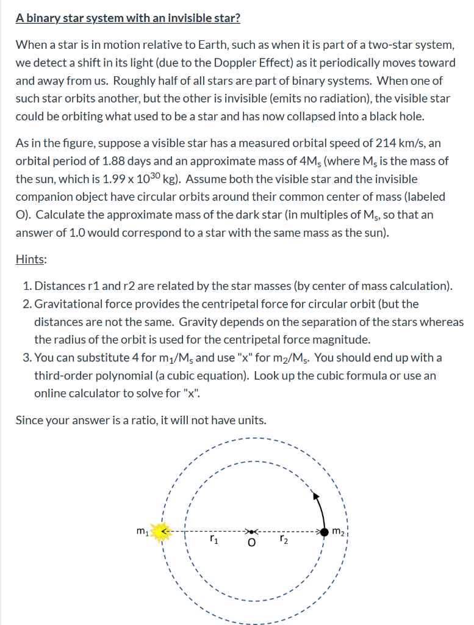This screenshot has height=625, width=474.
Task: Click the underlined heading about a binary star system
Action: tap(127, 18)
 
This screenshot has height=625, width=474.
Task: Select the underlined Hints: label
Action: tap(31, 259)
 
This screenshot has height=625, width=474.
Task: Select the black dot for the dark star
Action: tap(325, 532)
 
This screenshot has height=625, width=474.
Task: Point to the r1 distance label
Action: tap(212, 540)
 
